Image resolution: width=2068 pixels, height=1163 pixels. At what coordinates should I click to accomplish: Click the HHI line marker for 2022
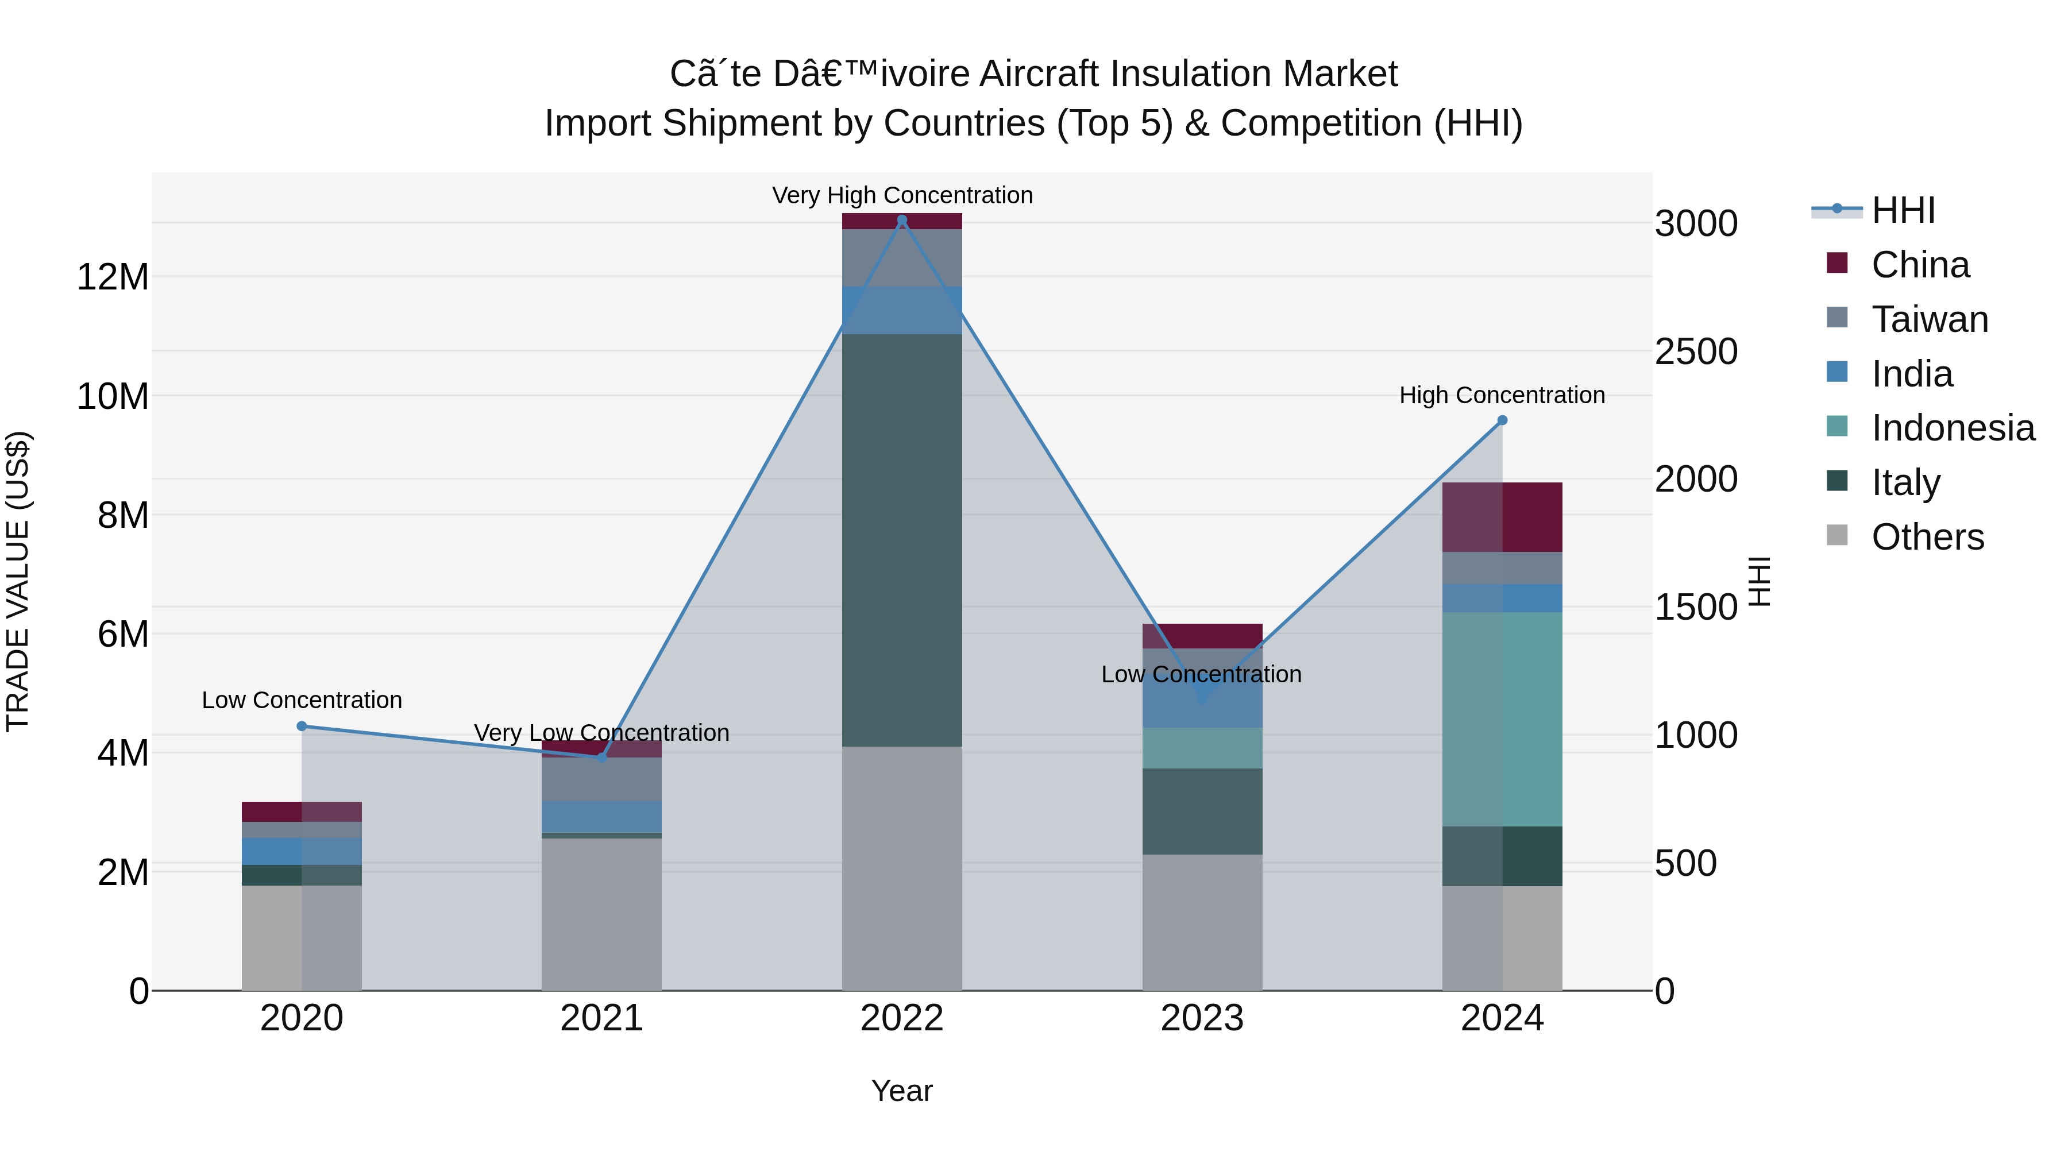(901, 220)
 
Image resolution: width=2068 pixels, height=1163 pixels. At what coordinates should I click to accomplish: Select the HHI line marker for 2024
(1502, 420)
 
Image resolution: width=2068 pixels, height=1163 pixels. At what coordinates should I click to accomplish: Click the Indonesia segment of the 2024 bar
(1502, 718)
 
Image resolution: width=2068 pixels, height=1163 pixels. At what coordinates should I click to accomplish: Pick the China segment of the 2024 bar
(1502, 517)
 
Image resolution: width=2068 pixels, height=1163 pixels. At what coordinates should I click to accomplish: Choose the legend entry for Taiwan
(1928, 319)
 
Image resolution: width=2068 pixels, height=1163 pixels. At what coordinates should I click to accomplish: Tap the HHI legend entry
(1902, 210)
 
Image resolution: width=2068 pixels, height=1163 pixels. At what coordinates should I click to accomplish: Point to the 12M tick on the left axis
(113, 277)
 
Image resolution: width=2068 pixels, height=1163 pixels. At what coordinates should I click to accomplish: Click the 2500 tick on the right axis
(1696, 351)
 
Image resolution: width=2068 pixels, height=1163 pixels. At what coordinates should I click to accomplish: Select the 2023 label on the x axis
(1202, 1018)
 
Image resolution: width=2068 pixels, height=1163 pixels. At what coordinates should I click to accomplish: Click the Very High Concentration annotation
(901, 195)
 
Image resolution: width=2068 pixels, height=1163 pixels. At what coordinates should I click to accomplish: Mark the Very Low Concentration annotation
(601, 733)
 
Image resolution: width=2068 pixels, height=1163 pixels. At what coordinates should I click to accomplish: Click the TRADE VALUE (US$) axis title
(18, 581)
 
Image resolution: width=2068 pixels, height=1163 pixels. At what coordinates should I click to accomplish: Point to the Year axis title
(901, 1091)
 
